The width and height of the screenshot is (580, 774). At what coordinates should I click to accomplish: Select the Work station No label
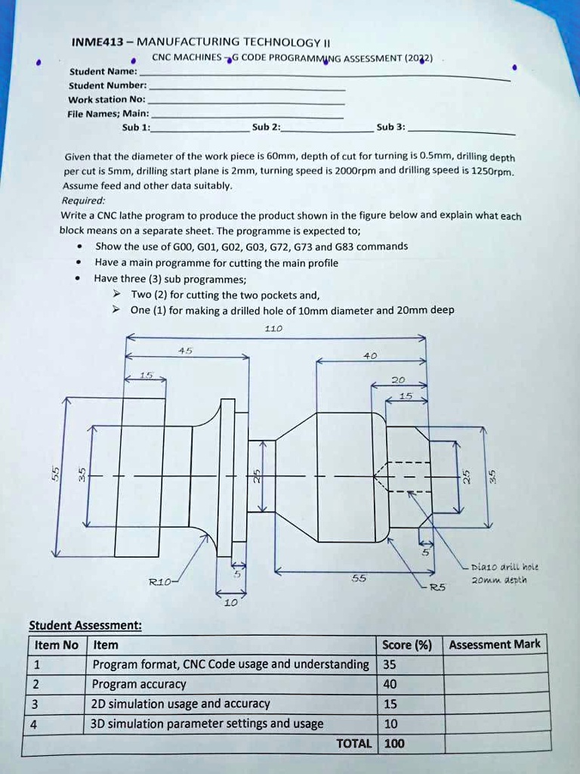coord(106,100)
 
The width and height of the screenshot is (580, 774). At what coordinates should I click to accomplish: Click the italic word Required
coord(83,200)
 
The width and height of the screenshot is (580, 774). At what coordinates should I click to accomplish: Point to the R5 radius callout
coord(438,587)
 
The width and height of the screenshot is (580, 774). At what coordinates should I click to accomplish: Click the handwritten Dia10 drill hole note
coord(504,567)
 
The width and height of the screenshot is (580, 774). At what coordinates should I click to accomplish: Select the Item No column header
coord(56,645)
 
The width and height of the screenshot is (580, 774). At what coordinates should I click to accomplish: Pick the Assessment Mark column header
coord(495,645)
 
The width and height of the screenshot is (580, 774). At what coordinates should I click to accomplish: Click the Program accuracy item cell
coord(138,684)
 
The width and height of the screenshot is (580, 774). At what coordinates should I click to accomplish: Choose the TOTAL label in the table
coord(353,744)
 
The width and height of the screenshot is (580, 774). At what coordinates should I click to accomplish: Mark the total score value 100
coord(394,744)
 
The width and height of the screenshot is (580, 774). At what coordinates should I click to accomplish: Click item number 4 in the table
coord(36,724)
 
